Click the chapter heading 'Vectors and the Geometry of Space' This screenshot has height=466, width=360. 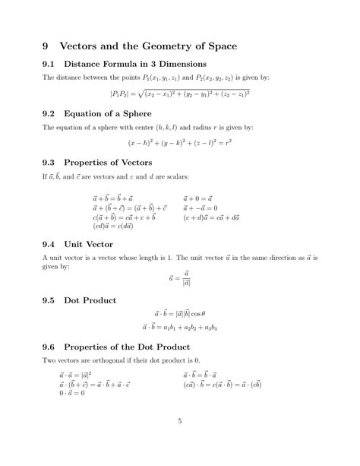150,46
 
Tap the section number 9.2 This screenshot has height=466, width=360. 50,113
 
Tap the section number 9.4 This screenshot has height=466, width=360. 50,244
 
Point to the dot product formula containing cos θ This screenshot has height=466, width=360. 179,312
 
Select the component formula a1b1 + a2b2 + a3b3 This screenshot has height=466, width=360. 179,328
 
